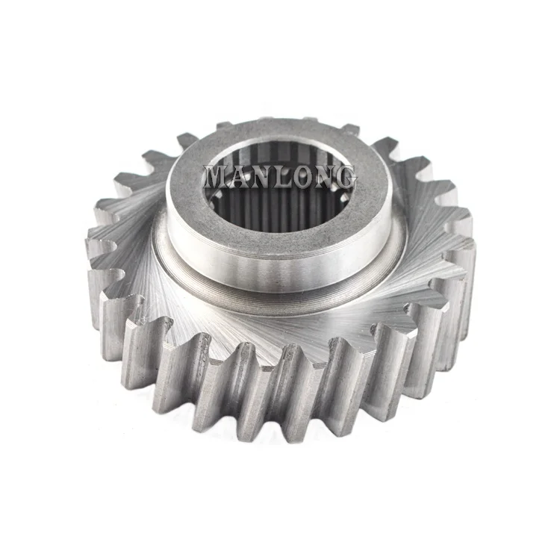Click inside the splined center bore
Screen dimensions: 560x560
[280, 202]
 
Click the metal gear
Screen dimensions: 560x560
[280, 314]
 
